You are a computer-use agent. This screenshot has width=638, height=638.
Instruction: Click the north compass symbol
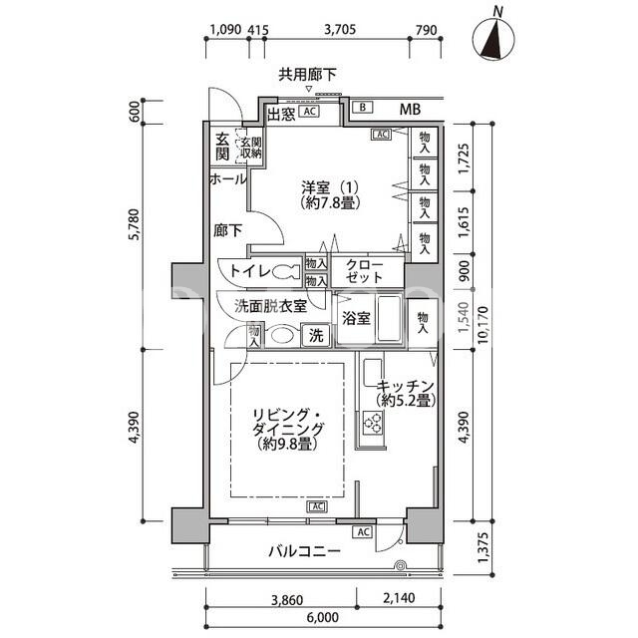tap(493, 38)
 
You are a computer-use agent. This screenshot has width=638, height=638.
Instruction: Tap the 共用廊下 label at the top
tap(307, 75)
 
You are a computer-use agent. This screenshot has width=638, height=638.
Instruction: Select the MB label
tap(410, 109)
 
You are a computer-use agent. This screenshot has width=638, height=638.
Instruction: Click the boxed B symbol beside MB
tap(363, 108)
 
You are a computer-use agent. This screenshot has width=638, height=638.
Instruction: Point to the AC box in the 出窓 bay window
tap(309, 111)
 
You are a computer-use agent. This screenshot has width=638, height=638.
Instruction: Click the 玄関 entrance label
tap(222, 147)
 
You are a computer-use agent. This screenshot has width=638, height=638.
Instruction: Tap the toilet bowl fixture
tap(286, 271)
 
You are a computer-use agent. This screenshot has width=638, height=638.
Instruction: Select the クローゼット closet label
tap(364, 271)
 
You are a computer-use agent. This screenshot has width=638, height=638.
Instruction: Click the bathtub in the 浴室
tap(390, 319)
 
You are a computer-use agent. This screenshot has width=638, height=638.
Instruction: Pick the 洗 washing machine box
tap(316, 336)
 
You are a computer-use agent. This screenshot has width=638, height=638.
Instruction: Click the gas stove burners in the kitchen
tap(373, 422)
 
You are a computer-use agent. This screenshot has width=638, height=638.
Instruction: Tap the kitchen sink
tap(372, 373)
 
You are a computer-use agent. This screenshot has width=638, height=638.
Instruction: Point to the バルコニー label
tap(304, 551)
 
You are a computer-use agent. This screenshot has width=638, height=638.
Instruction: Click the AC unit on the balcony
tap(363, 531)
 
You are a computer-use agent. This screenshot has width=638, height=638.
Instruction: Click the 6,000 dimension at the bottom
tap(323, 617)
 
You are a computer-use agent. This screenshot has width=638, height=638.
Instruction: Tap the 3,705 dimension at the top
tap(340, 29)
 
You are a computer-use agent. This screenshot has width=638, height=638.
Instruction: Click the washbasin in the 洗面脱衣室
tap(282, 336)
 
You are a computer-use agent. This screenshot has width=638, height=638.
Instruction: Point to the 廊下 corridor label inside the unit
tap(227, 230)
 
